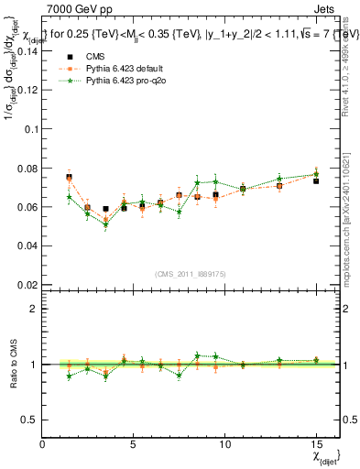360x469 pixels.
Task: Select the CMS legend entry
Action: (x=83, y=58)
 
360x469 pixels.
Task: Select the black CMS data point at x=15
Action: (x=316, y=181)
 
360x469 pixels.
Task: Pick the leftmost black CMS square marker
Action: (x=69, y=177)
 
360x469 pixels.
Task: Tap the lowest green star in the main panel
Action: (x=105, y=225)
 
